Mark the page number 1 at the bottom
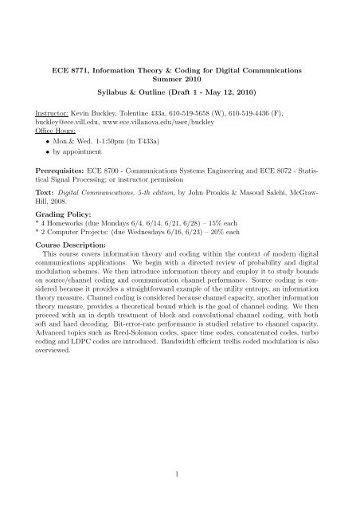point(180,472)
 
